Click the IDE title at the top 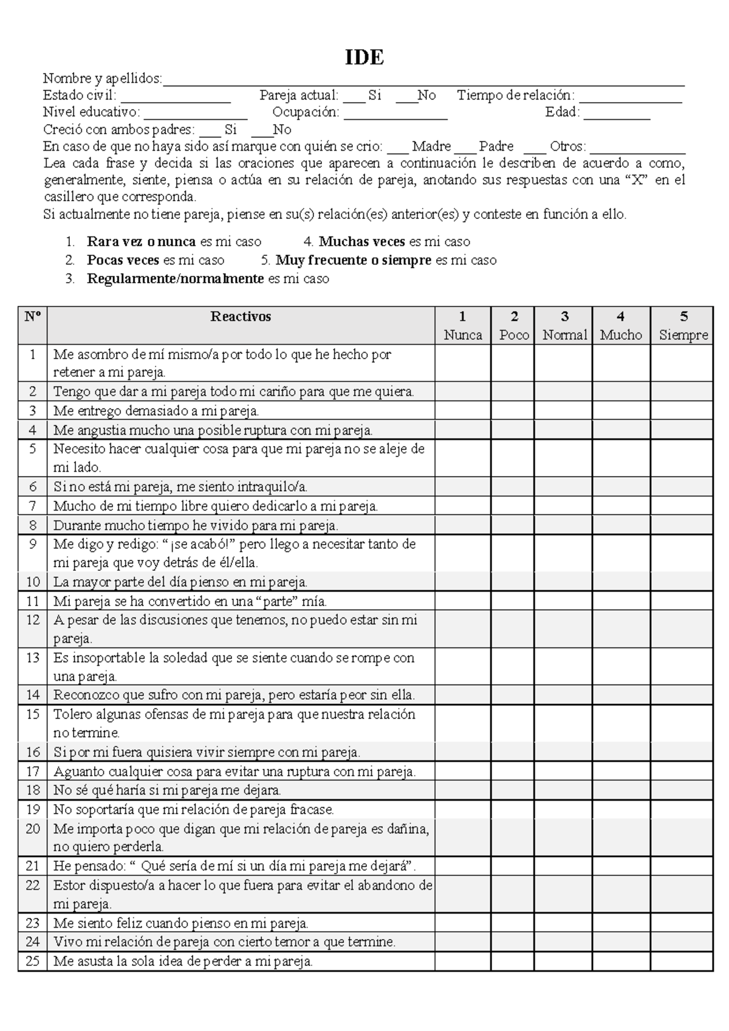(364, 58)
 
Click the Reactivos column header (241, 317)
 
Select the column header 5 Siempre (683, 326)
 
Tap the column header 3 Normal (564, 326)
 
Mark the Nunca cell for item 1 (463, 363)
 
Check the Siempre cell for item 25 (681, 961)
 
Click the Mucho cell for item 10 (621, 582)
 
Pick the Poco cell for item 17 (513, 771)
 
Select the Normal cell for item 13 (563, 666)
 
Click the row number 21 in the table (32, 866)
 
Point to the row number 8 (32, 525)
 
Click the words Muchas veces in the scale (362, 242)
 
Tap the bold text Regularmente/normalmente (176, 279)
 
